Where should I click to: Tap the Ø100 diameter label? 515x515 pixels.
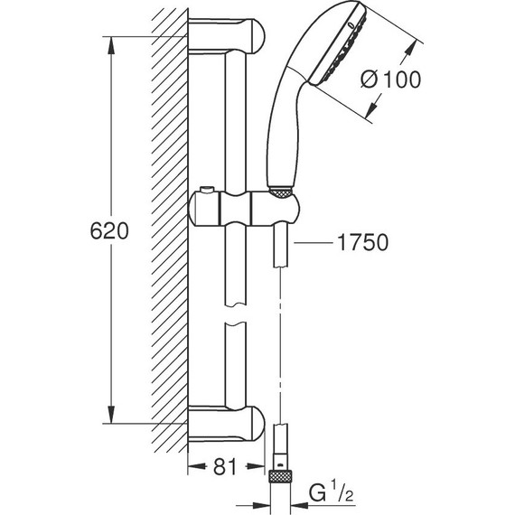389,80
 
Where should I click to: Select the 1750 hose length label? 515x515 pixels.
362,242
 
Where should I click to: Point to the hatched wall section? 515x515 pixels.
171,226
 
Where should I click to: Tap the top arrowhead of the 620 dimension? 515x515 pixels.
111,42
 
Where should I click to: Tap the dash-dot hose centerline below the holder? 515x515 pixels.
282,343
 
